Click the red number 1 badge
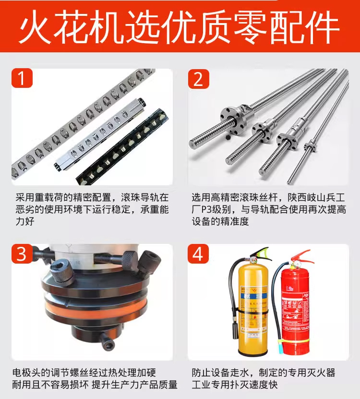[x=22, y=78]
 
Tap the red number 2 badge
[x=198, y=79]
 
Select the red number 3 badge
[x=22, y=254]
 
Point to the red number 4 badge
[x=198, y=254]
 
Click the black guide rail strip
[x=122, y=146]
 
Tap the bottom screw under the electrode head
[x=107, y=342]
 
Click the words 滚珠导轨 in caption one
[x=140, y=198]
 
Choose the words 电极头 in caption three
[x=26, y=373]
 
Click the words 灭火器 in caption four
[x=321, y=373]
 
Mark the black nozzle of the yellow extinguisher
[x=234, y=329]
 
